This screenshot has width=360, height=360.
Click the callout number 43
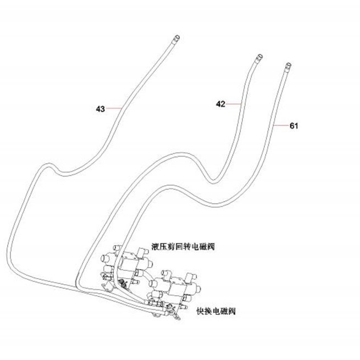pos(101,109)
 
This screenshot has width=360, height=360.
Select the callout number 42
pos(220,104)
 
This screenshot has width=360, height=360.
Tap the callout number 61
pos(294,126)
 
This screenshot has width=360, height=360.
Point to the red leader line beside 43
pos(113,108)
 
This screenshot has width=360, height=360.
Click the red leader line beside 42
pos(234,104)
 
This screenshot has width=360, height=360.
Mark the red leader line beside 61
pos(281,125)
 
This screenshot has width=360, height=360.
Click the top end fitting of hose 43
pos(176,39)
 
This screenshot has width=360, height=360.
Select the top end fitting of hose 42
pos(258,58)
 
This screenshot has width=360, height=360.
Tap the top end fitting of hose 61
pos(287,66)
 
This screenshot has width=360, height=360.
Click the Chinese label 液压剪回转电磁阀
pos(183,247)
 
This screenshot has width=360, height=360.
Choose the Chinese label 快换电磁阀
pos(216,311)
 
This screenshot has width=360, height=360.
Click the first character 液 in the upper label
pos(156,247)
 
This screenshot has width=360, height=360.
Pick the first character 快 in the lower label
pos(200,311)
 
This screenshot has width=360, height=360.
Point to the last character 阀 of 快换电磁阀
pos(231,311)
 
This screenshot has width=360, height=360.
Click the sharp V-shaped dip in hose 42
pos(213,181)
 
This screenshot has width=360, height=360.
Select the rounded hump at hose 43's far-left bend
pos(47,165)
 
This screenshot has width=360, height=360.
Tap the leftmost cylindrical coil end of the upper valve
pos(105,258)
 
